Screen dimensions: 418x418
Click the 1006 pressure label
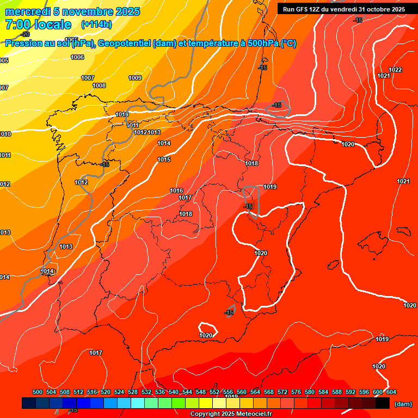coord(77,57)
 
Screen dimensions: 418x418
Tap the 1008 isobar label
coord(99,85)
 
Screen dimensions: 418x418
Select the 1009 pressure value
coord(135,78)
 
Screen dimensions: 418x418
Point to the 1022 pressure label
coord(395,70)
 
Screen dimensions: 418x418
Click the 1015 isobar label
coord(164,159)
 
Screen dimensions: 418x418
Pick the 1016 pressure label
coord(176,190)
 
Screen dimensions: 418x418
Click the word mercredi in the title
coord(30,11)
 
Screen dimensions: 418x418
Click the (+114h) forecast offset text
coord(96,24)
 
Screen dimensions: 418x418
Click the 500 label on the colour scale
coord(38,392)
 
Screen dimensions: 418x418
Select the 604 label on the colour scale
coord(391,392)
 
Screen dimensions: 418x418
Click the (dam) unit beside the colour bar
coord(403,404)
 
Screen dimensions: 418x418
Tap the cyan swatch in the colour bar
coord(138,403)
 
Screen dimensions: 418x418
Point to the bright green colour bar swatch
coord(179,403)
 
